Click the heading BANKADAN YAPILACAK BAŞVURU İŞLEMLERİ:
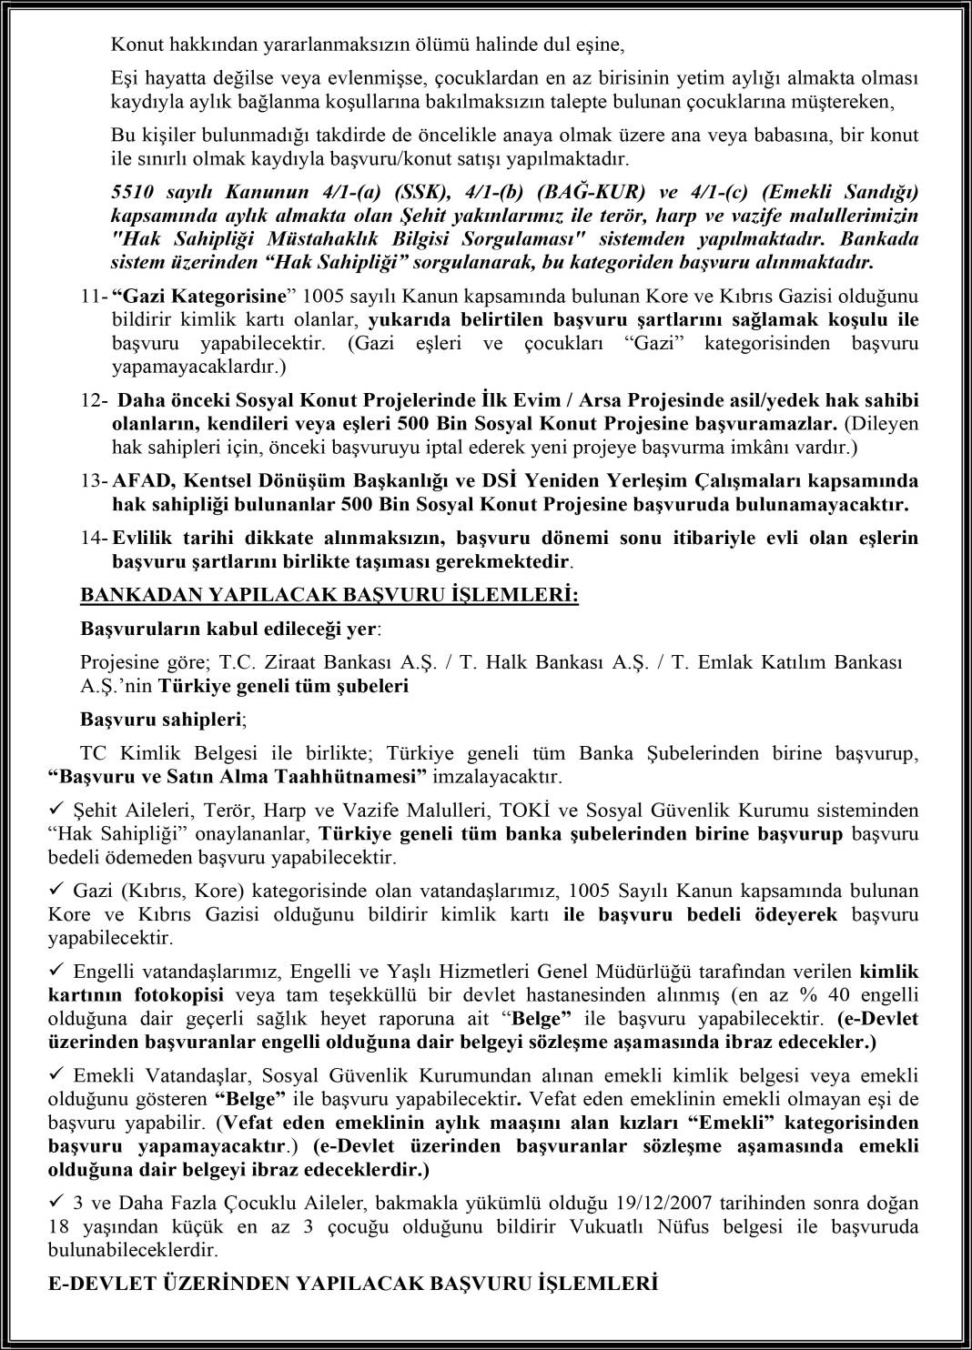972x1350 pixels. (329, 595)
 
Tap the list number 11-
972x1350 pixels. (94, 297)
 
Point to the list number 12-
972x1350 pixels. (94, 400)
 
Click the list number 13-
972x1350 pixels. (94, 480)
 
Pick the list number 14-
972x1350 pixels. (94, 539)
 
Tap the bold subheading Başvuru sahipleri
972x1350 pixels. (161, 720)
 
